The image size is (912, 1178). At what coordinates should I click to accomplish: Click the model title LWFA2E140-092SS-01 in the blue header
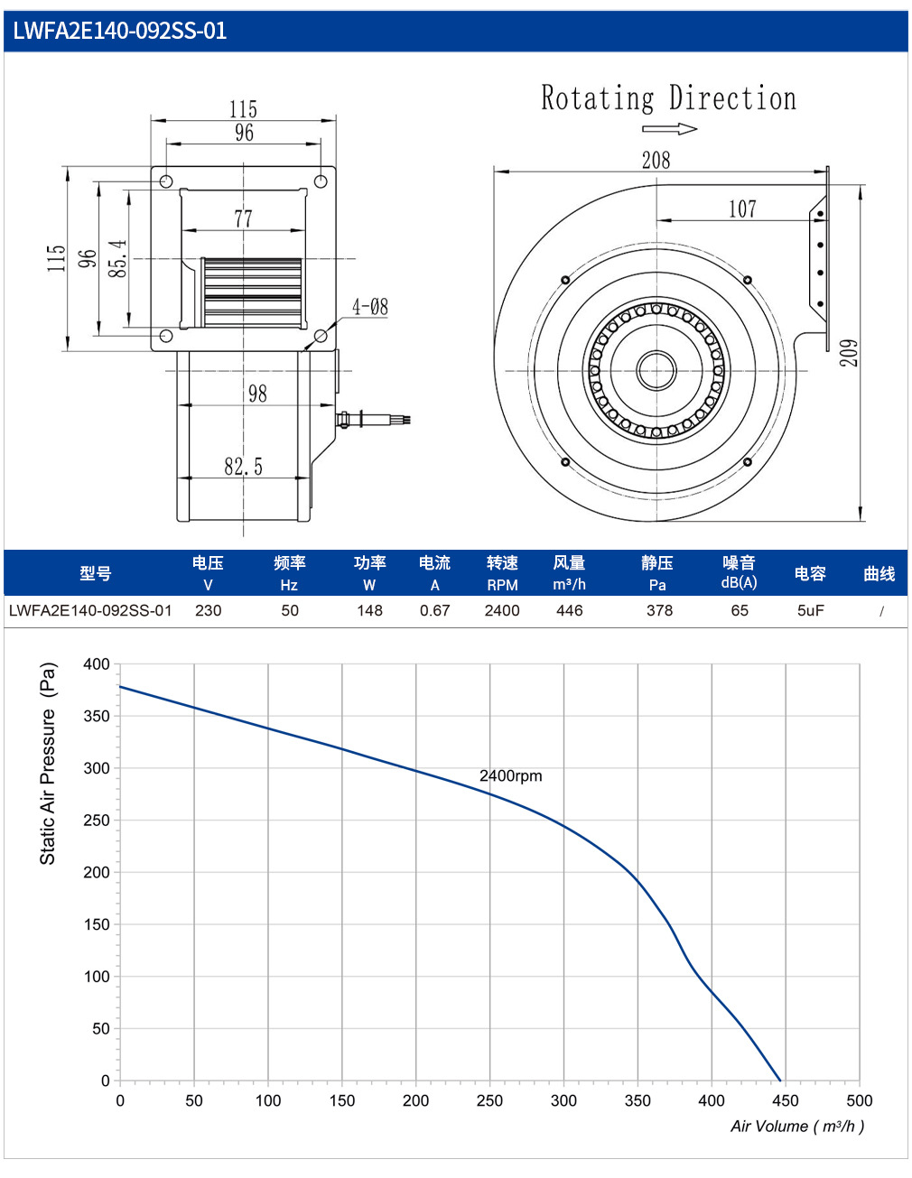point(119,31)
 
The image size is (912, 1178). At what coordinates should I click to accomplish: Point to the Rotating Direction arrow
point(669,129)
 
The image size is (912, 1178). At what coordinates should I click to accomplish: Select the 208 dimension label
point(656,161)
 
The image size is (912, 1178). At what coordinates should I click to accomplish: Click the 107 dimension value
point(742,209)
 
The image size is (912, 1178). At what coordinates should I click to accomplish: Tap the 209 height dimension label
point(849,353)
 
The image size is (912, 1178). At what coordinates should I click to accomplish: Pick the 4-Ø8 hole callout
point(370,308)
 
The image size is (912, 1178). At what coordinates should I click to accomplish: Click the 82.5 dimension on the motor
point(244,466)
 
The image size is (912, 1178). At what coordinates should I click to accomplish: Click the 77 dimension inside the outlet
point(244,219)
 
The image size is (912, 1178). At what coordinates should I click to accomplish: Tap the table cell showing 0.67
point(435,610)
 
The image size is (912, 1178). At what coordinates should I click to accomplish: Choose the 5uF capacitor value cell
point(811,610)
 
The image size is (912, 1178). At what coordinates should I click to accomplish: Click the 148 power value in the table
point(370,610)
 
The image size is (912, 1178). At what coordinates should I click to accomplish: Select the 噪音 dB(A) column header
point(739,572)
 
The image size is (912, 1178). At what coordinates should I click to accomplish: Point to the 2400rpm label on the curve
point(511,775)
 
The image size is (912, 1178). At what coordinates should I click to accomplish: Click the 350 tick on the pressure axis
point(97,716)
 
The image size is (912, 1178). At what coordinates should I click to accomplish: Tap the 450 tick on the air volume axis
point(785,1100)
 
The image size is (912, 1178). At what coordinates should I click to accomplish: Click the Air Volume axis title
point(797,1126)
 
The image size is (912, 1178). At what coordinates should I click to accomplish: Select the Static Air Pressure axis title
point(48,764)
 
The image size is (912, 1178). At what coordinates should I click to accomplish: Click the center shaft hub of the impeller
point(656,371)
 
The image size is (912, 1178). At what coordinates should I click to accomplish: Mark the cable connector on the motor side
point(373,420)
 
